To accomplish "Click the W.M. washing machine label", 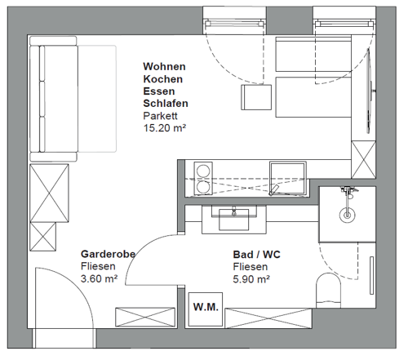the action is (x=206, y=307).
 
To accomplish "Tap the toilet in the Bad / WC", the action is (x=328, y=291).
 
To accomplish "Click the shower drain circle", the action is (x=348, y=215).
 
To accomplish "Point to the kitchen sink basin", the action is (x=288, y=178).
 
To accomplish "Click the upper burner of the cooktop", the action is (x=203, y=171).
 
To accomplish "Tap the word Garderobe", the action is (x=108, y=254).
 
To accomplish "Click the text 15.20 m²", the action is (x=165, y=127).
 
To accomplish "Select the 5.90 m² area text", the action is (x=251, y=279).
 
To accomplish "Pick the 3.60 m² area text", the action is (x=99, y=278).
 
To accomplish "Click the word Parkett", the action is (x=160, y=116).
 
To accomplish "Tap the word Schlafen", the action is (x=166, y=104).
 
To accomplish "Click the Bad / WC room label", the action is (x=256, y=255).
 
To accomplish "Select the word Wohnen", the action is (x=164, y=66).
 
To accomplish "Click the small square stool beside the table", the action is (x=256, y=97).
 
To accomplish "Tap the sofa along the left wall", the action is (x=54, y=99).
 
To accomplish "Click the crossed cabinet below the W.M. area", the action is (x=268, y=318).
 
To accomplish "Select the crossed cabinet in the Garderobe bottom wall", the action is (x=145, y=317).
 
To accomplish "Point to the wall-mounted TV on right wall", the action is (x=369, y=91).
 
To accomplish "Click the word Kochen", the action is (x=163, y=79).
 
